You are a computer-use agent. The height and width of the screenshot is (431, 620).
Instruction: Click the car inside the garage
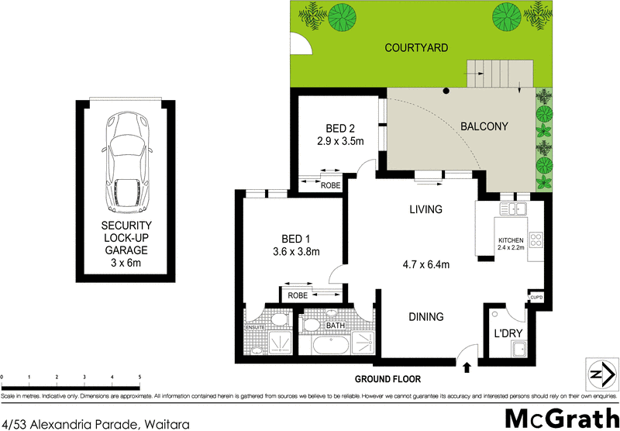pos(126,160)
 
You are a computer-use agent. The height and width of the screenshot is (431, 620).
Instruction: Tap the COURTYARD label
pos(417,48)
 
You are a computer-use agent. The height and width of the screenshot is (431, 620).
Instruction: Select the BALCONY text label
pos(484,126)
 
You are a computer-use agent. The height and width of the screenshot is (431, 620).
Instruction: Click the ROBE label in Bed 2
pos(331,185)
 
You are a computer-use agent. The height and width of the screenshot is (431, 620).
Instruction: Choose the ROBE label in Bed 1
pos(298,296)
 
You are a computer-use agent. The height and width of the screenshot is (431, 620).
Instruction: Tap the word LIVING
pos(425,209)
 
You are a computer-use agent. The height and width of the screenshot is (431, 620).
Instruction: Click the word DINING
pos(426,316)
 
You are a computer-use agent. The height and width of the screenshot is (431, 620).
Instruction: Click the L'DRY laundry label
pos(507,334)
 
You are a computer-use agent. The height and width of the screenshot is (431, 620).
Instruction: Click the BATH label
pos(335,326)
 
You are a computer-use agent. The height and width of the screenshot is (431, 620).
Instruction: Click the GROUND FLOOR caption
pos(387,380)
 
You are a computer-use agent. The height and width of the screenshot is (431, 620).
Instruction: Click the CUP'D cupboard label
pos(536,297)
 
